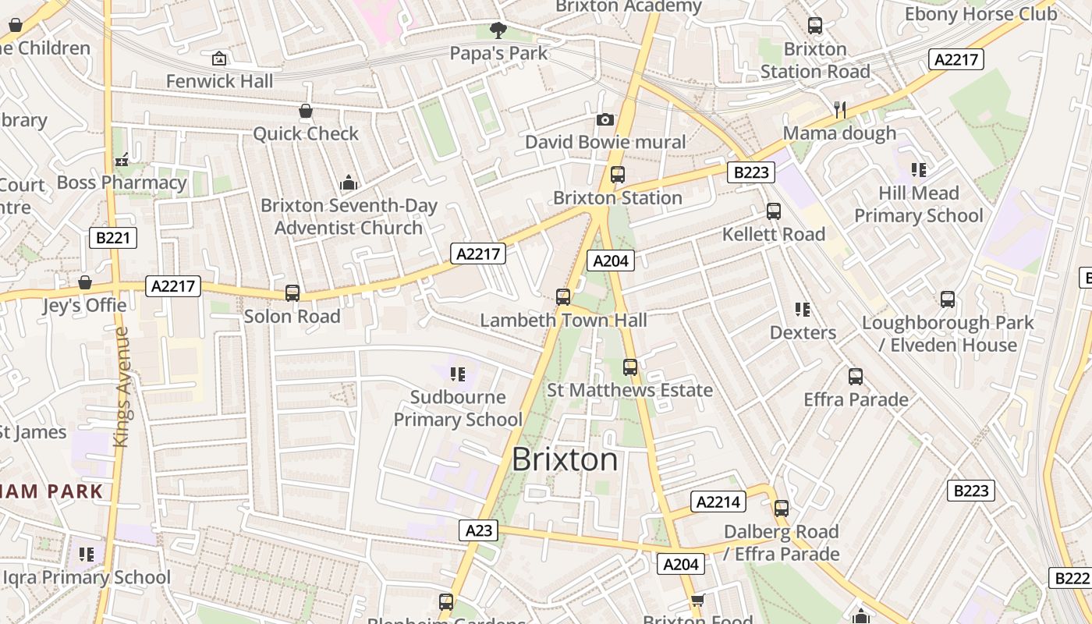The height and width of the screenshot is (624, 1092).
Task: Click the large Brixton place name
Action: (565, 459)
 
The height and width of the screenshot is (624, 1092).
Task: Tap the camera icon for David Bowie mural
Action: (604, 119)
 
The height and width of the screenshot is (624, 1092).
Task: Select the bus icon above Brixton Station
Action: (618, 175)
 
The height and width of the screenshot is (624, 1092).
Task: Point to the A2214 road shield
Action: (718, 502)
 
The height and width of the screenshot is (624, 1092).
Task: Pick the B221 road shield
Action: (113, 238)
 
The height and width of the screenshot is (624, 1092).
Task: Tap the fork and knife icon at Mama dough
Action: (840, 110)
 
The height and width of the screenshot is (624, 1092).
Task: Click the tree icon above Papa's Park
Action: (498, 30)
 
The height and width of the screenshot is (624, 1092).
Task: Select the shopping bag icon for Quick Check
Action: (306, 112)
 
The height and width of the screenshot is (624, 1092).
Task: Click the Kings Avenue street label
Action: (121, 387)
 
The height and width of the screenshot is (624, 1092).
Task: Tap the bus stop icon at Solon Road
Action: (292, 293)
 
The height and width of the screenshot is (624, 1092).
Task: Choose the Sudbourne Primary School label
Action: (458, 408)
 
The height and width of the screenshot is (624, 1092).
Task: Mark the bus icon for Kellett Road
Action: (774, 211)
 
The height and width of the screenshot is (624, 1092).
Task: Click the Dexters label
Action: (803, 332)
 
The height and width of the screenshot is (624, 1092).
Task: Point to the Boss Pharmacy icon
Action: (121, 161)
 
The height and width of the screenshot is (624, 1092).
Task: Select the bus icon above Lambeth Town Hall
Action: (563, 297)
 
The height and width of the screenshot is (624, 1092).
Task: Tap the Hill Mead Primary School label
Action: (919, 204)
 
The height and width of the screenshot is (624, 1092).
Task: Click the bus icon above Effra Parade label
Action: (856, 377)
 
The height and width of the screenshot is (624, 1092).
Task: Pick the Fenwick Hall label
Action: (219, 81)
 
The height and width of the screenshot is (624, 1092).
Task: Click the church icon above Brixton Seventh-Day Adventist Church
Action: (349, 183)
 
